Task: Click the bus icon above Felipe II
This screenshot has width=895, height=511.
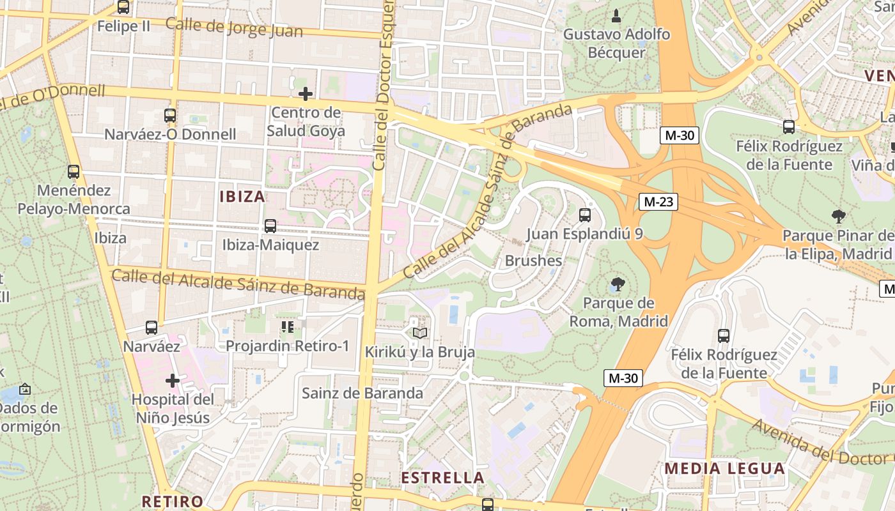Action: point(123,8)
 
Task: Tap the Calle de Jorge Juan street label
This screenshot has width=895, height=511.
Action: point(234,27)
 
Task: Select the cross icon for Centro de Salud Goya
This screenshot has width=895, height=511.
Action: point(306,95)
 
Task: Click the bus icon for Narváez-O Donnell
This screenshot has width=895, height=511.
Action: point(169,116)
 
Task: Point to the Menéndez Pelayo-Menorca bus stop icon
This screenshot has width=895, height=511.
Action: point(74,172)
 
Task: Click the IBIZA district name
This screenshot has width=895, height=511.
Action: point(242,196)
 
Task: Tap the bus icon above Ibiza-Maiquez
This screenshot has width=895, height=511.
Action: point(270,226)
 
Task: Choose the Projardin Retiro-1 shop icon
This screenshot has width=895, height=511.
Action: point(287,328)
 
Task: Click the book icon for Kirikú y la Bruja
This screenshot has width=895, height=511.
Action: point(419,333)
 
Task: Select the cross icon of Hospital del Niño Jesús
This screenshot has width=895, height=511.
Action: point(172,381)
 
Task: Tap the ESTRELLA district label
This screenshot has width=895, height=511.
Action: point(442,478)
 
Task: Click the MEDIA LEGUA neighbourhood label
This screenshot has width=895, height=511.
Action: point(724,468)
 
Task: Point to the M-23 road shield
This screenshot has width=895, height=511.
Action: point(658,202)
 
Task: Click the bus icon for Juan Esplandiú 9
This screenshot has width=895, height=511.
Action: point(584,215)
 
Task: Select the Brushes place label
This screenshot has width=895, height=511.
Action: point(533,261)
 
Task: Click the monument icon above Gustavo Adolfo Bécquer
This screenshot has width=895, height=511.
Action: point(616,15)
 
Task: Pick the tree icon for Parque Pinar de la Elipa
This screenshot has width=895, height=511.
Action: point(839,217)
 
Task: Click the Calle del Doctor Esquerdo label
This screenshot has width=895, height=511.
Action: point(382,83)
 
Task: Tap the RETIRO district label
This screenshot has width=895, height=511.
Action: point(173,501)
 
